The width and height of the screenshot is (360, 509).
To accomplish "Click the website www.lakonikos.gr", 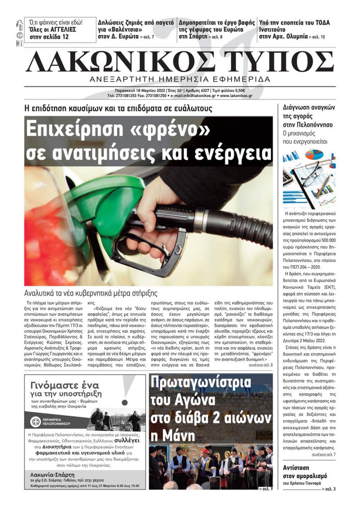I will coord(236,96).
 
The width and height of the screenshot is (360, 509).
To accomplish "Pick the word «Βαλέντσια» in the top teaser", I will coord(120,29).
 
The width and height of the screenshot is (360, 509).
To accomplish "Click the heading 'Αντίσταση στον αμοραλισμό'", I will coord(305,472).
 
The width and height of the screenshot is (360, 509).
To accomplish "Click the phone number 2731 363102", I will coord(93,480).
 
